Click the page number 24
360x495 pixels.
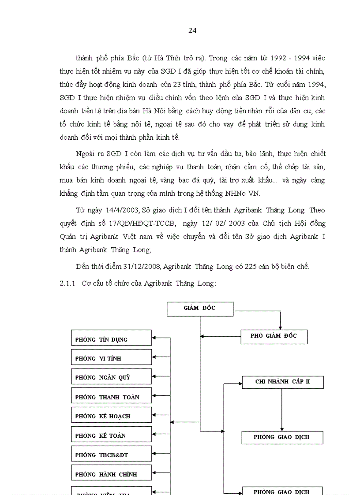pos(192,30)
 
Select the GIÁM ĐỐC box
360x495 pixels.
pos(199,309)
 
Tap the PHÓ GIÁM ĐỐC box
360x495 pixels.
pos(274,336)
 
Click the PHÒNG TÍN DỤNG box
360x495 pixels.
pos(111,338)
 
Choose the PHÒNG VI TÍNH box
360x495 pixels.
pos(111,357)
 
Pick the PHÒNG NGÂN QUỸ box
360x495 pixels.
pos(111,376)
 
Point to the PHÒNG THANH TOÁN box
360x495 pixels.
pos(111,396)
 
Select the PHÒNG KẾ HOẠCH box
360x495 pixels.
pos(111,415)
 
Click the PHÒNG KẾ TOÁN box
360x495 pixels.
pos(111,435)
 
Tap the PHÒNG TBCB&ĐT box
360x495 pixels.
pos(111,454)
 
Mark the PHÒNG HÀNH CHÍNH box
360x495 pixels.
pos(111,473)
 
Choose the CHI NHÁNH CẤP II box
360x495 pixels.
pos(282,382)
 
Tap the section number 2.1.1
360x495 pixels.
pos(68,283)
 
